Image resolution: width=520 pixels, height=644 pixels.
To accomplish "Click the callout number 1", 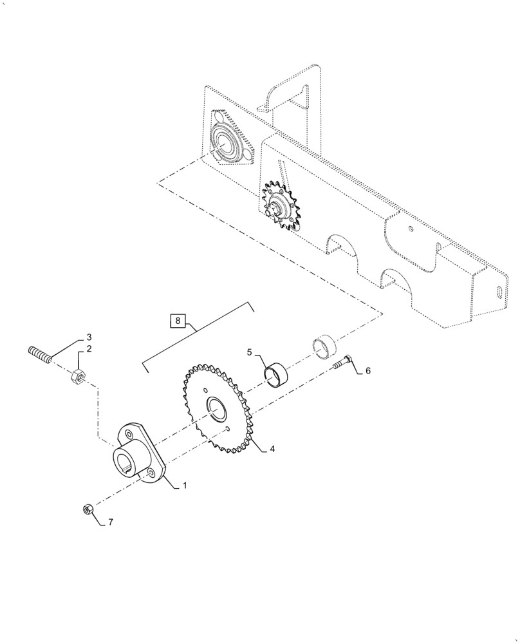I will [185, 486].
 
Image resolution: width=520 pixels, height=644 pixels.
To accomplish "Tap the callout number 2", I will [89, 349].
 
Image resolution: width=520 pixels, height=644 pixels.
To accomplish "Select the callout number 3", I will [89, 337].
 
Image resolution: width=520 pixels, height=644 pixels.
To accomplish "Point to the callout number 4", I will [272, 448].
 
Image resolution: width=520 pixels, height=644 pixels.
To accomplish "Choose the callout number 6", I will [368, 371].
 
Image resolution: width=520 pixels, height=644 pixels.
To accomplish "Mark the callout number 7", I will [110, 522].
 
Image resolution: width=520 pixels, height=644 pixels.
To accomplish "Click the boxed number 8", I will [179, 319].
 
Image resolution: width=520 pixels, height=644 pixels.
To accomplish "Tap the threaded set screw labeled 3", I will [40, 354].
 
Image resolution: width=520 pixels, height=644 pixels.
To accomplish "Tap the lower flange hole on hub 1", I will [149, 474].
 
